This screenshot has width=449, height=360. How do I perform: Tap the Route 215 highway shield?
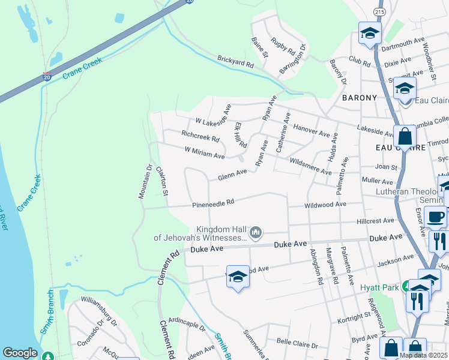379,11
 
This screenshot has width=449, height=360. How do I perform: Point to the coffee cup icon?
435,217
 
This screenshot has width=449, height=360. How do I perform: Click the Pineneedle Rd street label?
212,204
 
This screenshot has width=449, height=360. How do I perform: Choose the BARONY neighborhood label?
360,97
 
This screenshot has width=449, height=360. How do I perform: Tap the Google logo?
20,353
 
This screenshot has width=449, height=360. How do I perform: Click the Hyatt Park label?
379,288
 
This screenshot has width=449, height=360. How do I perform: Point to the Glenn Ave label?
232,174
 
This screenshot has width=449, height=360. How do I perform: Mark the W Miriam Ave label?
204,152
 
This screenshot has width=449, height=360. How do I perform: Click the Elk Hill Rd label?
241,135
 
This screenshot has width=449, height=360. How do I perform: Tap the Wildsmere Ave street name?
310,166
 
